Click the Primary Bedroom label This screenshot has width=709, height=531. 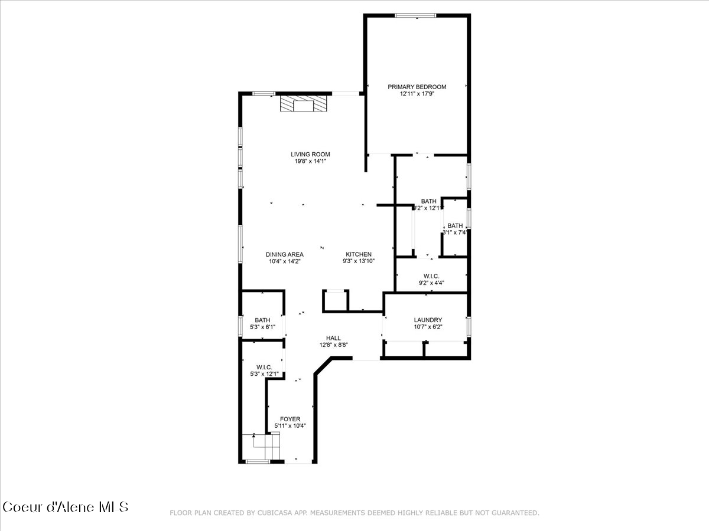[417, 87]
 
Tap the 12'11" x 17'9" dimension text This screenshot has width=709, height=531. [417, 93]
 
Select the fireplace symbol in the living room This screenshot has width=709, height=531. [303, 105]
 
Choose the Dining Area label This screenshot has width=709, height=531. [284, 254]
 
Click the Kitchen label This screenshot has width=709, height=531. [359, 254]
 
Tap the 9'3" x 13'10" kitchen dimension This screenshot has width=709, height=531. [359, 261]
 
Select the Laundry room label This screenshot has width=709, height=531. [428, 320]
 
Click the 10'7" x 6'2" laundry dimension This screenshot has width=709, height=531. [428, 327]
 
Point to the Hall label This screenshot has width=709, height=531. [333, 338]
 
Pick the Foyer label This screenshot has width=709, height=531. [290, 419]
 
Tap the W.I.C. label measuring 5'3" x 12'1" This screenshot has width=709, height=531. [264, 367]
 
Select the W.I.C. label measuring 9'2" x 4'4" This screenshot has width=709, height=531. [431, 276]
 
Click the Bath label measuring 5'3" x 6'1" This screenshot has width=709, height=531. [262, 320]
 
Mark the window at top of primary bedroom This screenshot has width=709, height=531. [415, 16]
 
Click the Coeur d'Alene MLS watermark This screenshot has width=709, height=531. [65, 507]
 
